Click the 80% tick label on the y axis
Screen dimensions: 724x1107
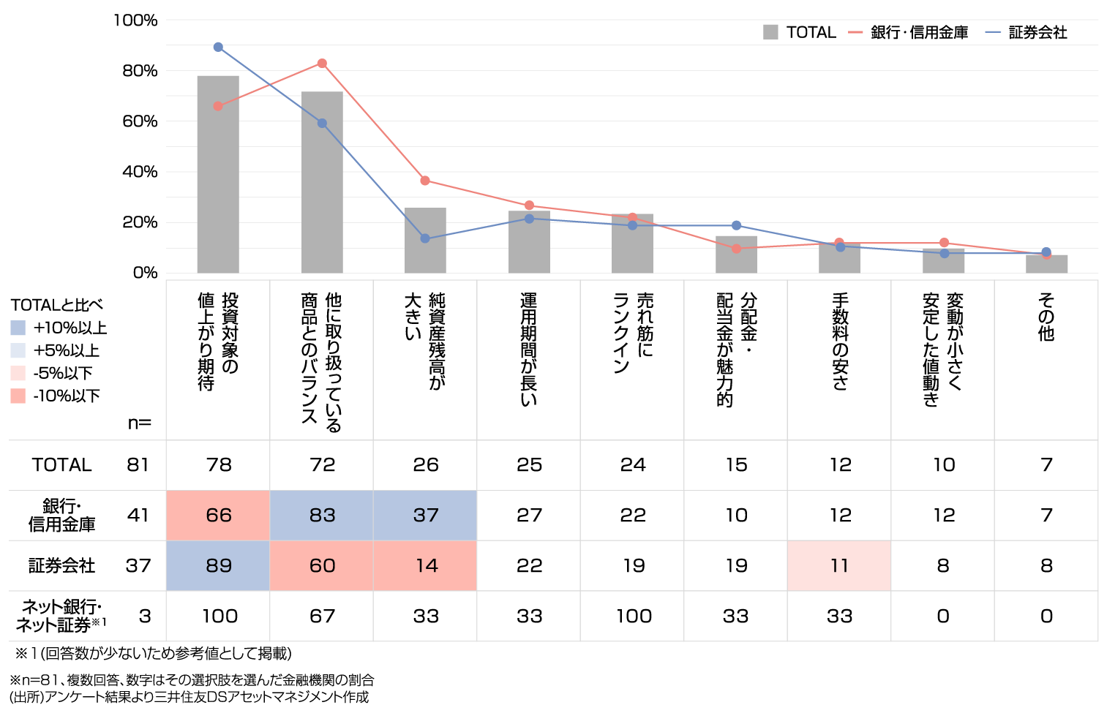140,71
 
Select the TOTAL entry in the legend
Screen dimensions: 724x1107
799,32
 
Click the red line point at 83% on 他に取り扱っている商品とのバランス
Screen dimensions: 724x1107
322,64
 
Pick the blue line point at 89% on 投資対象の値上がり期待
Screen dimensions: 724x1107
218,47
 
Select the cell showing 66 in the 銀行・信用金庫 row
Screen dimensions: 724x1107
218,516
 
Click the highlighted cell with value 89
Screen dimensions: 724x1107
218,566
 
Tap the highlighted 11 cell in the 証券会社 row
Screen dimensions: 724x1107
839,566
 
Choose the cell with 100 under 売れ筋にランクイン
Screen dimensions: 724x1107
633,616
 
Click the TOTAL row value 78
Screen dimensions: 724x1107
218,465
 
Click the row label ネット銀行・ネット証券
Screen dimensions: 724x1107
61,616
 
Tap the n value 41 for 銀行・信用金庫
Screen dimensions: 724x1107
138,516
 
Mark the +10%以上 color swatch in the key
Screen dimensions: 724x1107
18,328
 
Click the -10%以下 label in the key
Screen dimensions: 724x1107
67,396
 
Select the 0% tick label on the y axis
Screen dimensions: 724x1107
145,273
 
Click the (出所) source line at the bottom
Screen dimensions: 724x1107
189,697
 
